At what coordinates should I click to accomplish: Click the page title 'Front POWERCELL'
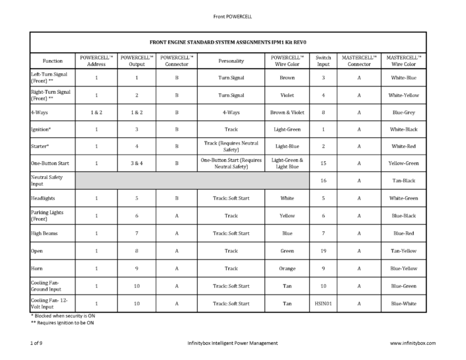pos(233,15)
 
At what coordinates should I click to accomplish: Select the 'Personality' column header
pos(231,60)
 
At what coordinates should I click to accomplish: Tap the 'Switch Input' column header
pos(323,60)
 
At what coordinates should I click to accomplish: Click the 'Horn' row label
pos(37,268)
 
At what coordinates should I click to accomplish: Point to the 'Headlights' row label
pos(43,198)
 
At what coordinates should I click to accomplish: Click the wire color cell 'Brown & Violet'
pos(287,112)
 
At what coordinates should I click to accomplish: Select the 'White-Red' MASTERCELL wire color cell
pos(403,146)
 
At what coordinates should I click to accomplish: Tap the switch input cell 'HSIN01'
pos(323,303)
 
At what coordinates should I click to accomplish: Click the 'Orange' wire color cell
pos(287,268)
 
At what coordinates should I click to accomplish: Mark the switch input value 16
pos(323,180)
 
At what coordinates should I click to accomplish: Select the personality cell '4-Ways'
pos(231,112)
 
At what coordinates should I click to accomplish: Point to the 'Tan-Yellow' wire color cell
pos(403,251)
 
